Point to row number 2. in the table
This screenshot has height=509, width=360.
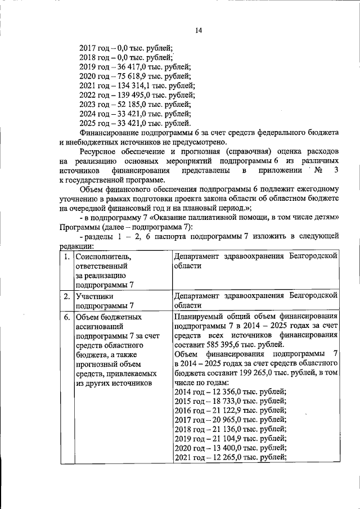(x=67, y=296)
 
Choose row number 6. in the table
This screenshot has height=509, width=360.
(x=67, y=317)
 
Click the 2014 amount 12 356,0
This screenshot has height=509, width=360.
(x=223, y=391)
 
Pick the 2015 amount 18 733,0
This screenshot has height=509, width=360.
(x=223, y=401)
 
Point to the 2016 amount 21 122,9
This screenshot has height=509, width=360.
(x=223, y=411)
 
